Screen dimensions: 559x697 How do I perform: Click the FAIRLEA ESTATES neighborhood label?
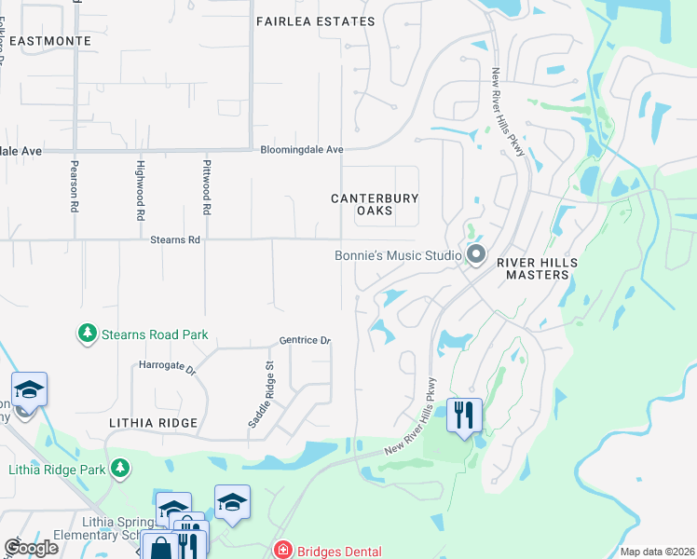tap(315, 21)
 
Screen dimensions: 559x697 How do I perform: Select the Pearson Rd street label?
tap(74, 185)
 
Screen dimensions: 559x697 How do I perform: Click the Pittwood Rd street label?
tap(207, 187)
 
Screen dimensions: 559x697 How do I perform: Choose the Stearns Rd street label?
tap(175, 240)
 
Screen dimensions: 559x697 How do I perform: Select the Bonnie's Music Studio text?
tap(399, 255)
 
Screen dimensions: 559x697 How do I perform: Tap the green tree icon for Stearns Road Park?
tap(88, 333)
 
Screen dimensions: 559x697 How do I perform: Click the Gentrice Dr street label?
tap(305, 341)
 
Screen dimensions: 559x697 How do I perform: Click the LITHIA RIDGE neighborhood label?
tap(153, 423)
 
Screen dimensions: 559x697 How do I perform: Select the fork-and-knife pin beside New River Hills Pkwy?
tap(464, 414)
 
